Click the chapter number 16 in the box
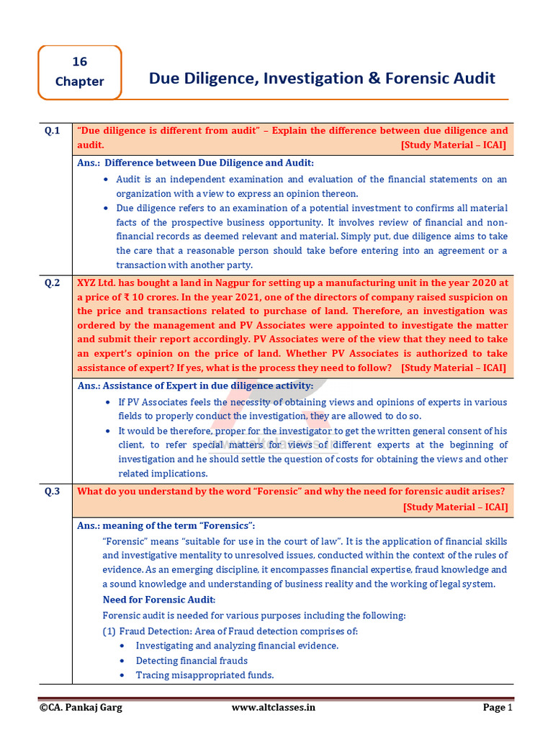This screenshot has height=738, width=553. pyautogui.click(x=79, y=63)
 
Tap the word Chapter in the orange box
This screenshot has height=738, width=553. pyautogui.click(x=79, y=81)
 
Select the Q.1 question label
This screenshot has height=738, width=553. pyautogui.click(x=53, y=130)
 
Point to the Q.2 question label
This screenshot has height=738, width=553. pyautogui.click(x=53, y=283)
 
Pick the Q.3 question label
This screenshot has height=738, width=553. pyautogui.click(x=53, y=492)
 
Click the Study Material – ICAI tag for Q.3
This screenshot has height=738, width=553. pyautogui.click(x=455, y=507)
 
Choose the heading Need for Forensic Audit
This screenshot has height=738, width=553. pyautogui.click(x=158, y=600)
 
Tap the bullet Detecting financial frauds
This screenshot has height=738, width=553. pyautogui.click(x=192, y=660)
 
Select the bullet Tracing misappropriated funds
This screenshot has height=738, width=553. pyautogui.click(x=204, y=675)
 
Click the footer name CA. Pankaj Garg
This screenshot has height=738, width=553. pyautogui.click(x=81, y=707)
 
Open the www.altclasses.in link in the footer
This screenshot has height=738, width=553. pyautogui.click(x=274, y=707)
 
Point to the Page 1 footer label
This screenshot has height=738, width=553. pyautogui.click(x=497, y=707)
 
